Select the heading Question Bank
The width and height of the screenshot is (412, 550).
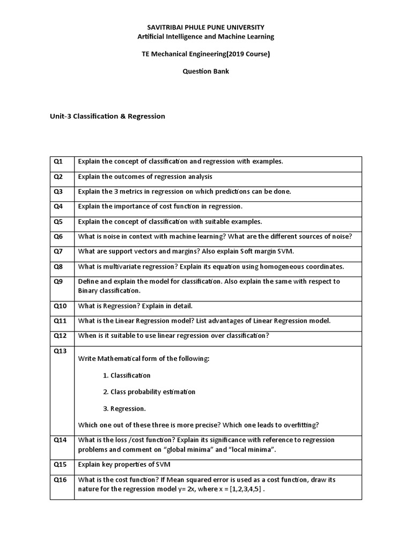pos(206,71)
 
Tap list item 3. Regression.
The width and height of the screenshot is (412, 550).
pos(124,409)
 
